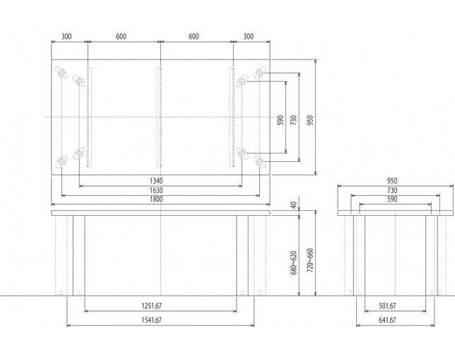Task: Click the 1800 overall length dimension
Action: [x=156, y=199]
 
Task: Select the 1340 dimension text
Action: [x=156, y=181]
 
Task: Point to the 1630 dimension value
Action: [x=156, y=190]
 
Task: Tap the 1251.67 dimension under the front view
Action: [x=151, y=306]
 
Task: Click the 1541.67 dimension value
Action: [x=151, y=320]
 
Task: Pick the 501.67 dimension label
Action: [x=387, y=306]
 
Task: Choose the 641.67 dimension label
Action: [x=387, y=320]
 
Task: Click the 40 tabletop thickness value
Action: [x=294, y=205]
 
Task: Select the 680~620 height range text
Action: [x=294, y=262]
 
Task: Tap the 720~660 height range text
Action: [x=310, y=260]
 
